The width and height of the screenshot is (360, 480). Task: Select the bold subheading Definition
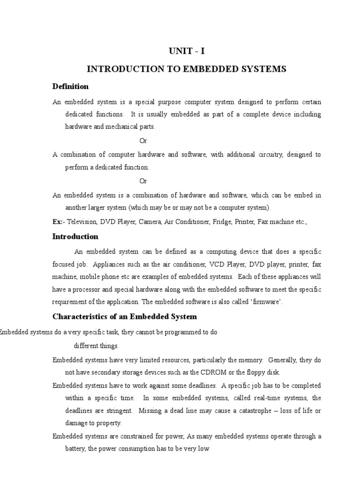[x=70, y=86]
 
